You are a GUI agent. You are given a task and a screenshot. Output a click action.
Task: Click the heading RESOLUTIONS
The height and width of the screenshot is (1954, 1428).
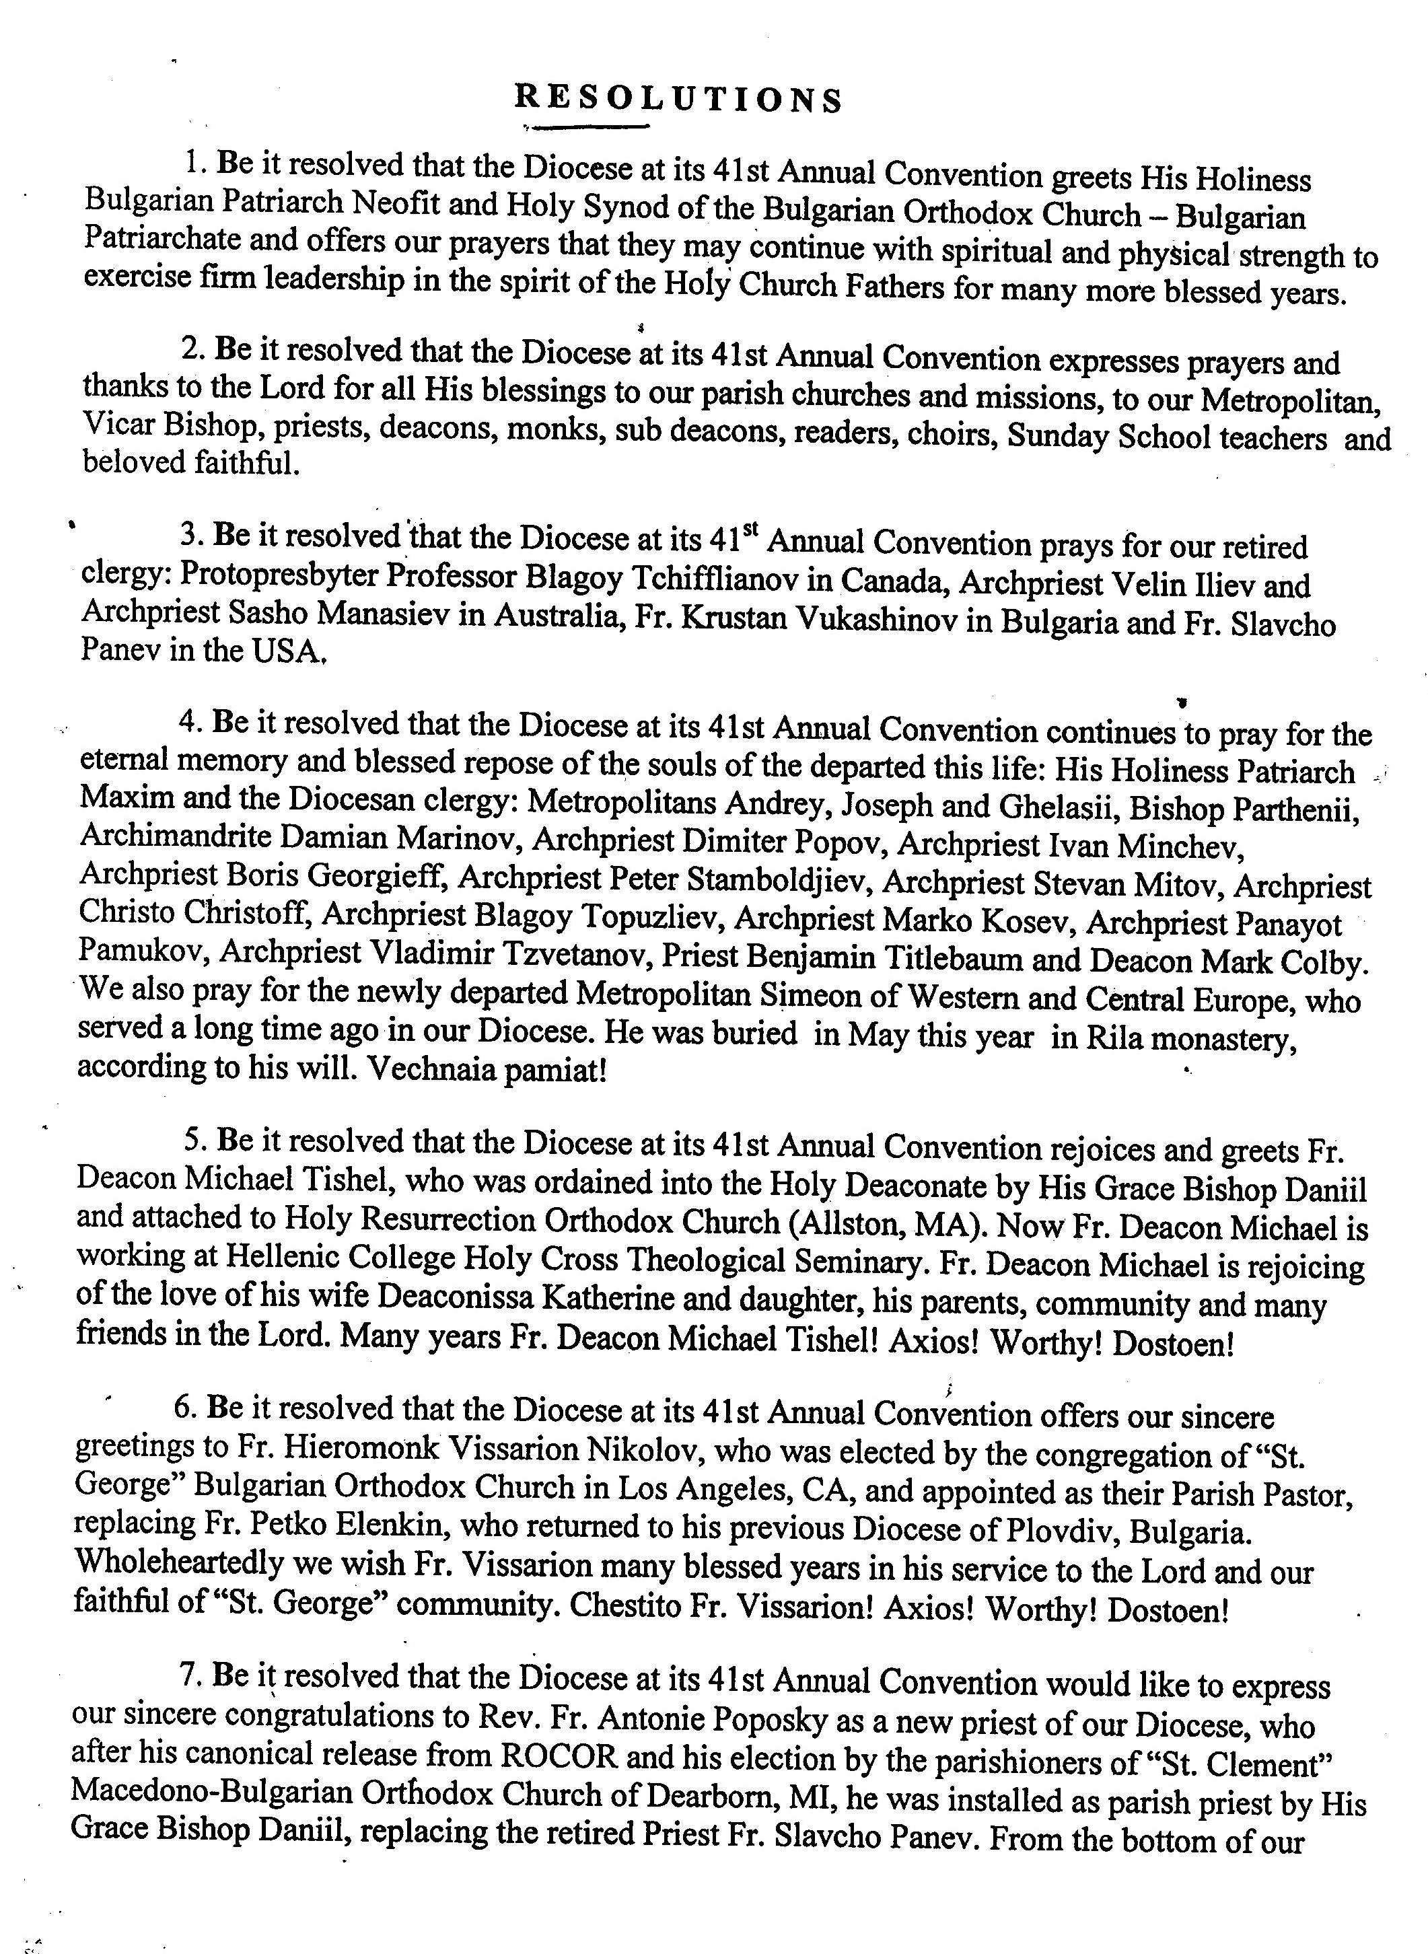678,100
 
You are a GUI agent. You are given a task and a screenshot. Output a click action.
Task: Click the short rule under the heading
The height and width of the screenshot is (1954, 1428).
590,128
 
